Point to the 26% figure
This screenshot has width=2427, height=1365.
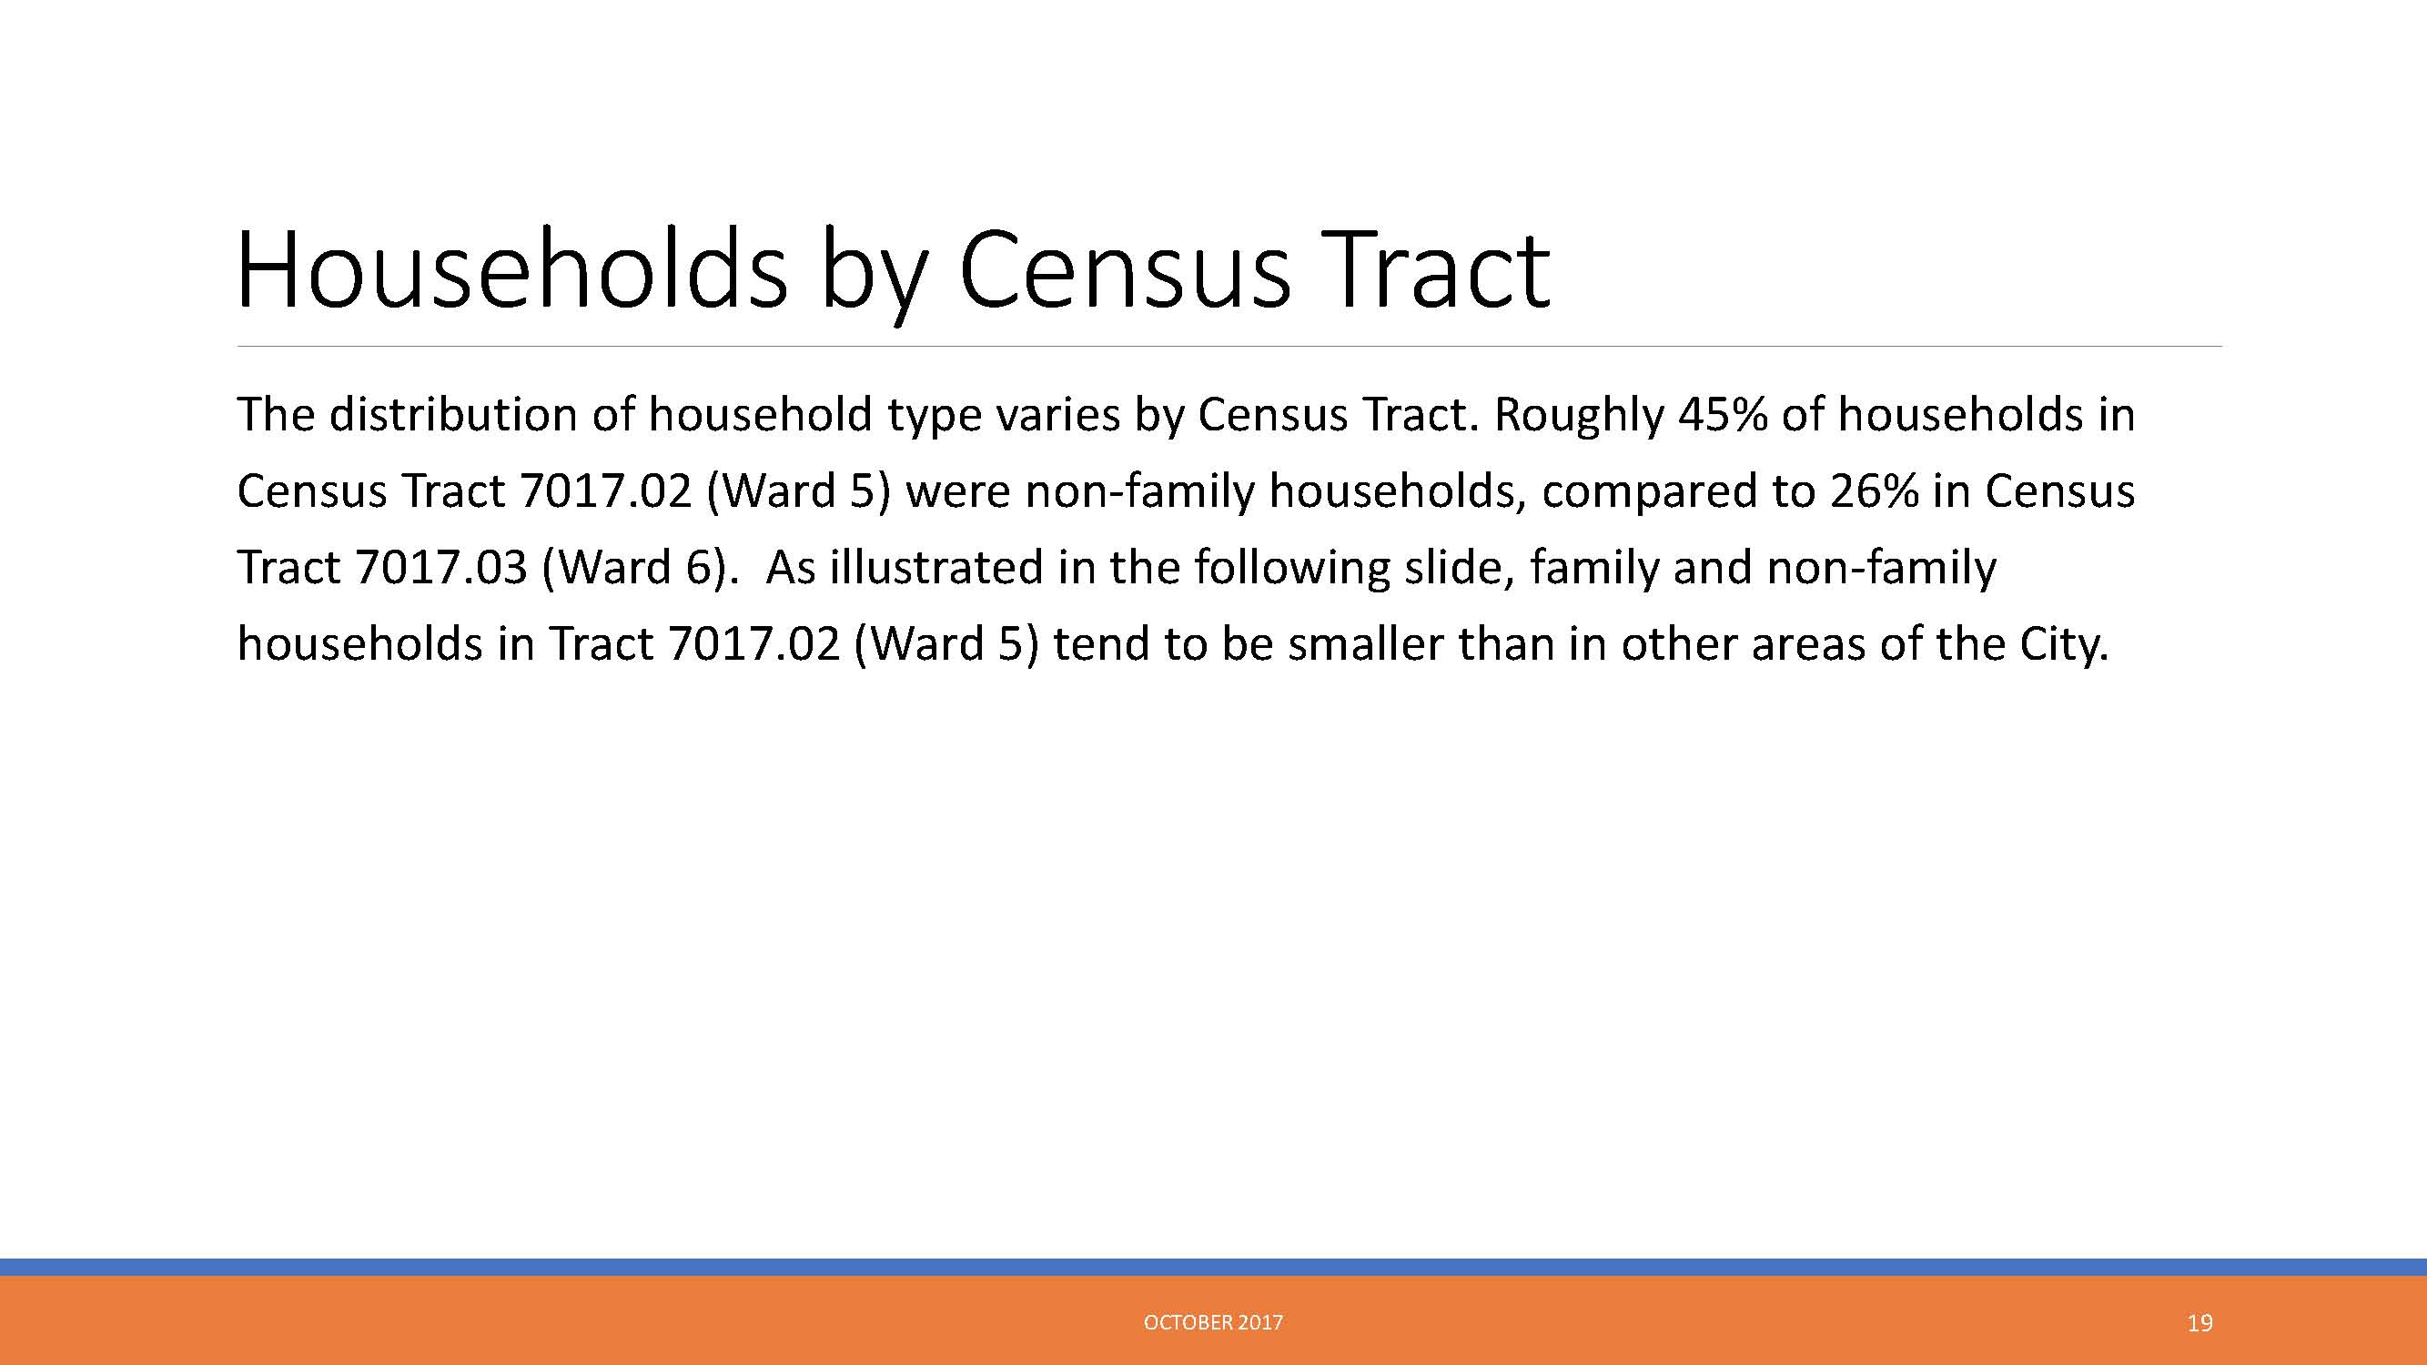pyautogui.click(x=1874, y=490)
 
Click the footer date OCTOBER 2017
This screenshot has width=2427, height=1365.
pyautogui.click(x=1214, y=1322)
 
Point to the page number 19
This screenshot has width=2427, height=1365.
pyautogui.click(x=2199, y=1323)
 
